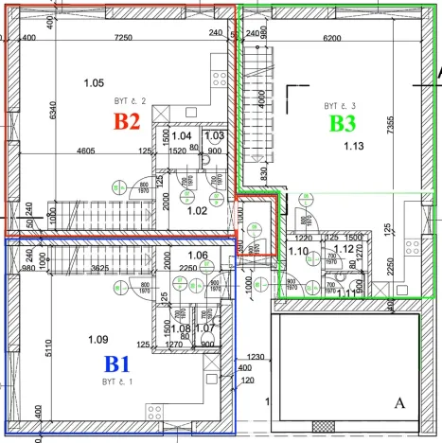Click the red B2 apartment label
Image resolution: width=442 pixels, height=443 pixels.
tap(127, 122)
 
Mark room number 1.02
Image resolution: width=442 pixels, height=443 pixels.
tap(197, 210)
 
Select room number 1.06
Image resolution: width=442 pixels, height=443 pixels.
tap(198, 256)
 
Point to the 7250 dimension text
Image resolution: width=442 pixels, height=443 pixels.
tap(124, 38)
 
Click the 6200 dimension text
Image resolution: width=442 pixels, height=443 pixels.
tap(331, 38)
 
